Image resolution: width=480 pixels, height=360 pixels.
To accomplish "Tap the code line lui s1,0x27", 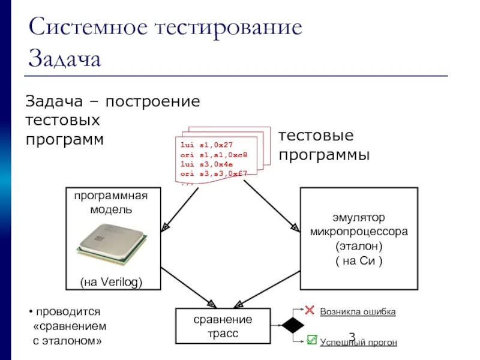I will tap(206, 145).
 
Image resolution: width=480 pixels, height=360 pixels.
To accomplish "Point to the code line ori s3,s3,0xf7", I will tap(214, 173).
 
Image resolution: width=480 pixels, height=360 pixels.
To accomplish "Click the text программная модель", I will tap(111, 203).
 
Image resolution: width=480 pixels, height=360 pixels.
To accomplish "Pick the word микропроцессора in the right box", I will tap(359, 231).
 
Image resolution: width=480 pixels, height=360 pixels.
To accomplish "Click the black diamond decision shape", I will tap(293, 326).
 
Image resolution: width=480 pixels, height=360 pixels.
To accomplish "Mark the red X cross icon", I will tap(310, 310).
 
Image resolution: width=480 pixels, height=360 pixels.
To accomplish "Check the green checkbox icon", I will tap(311, 340).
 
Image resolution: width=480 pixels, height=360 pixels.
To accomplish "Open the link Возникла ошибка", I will tap(358, 312).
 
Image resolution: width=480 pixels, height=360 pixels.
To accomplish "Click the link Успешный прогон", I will tap(358, 342).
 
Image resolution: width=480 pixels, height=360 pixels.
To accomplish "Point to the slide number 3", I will tap(352, 337).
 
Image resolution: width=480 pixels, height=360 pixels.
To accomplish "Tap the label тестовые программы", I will tap(324, 145).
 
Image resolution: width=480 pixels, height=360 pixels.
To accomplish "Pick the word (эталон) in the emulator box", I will tap(359, 246).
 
